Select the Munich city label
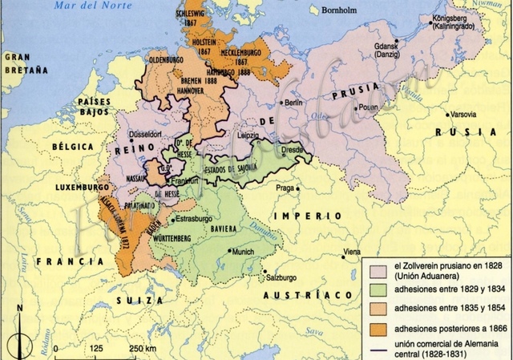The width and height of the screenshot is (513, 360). point(242,251)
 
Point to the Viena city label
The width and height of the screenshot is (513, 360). point(352,252)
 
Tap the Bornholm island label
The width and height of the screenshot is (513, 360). point(337,11)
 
